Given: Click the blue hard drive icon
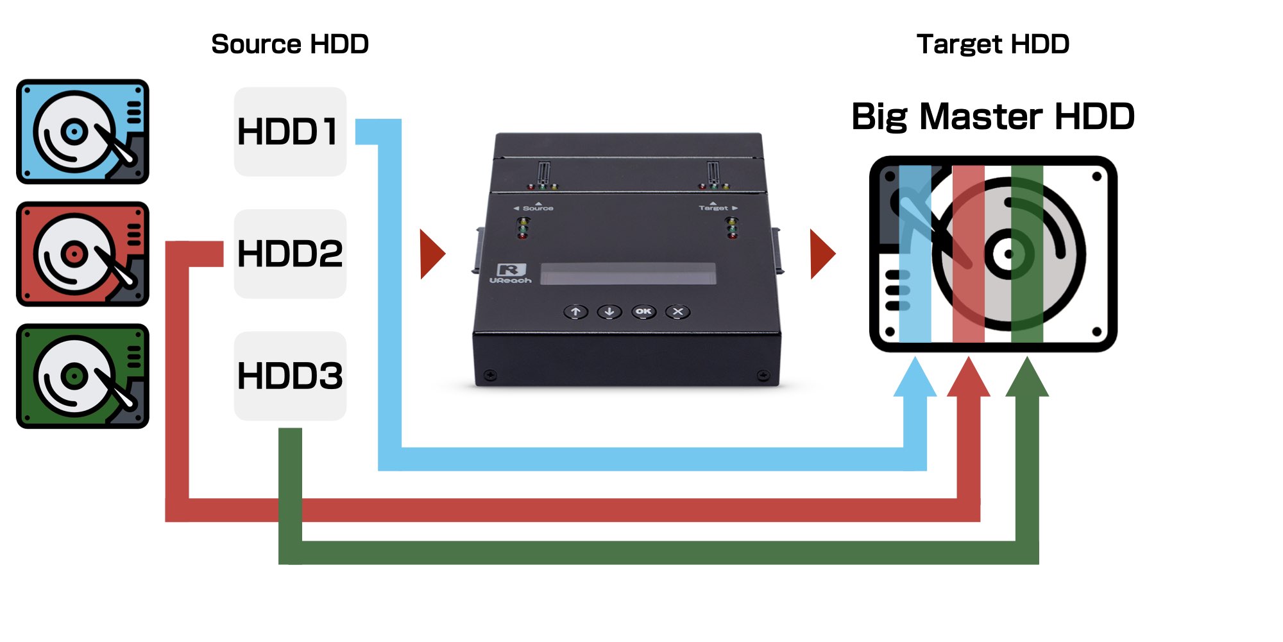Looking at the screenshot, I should (83, 132).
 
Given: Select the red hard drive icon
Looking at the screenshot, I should (83, 254).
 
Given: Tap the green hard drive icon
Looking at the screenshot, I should (83, 376).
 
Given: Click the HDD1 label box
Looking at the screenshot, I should (290, 132).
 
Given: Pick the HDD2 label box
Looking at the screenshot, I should (290, 254).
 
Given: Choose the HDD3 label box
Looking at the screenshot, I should (290, 376).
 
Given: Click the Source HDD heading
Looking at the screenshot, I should (290, 44).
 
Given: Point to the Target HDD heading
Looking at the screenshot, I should (993, 44).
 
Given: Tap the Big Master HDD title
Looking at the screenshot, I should (993, 117).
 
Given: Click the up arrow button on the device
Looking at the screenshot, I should (575, 312).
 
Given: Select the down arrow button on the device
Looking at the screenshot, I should (609, 312).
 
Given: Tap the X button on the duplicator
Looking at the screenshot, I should (677, 312).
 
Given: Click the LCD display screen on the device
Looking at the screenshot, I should (627, 273).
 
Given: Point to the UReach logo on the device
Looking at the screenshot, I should (511, 273).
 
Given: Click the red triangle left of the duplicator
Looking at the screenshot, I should (431, 254).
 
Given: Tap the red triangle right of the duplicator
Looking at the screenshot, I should (822, 254).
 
